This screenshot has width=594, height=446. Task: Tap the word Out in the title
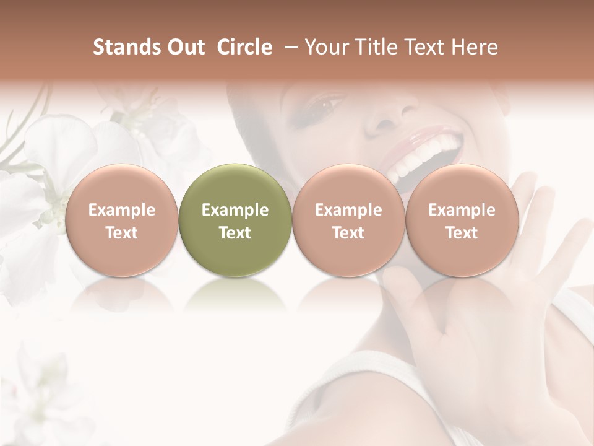[x=186, y=47]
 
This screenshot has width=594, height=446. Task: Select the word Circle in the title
[x=244, y=47]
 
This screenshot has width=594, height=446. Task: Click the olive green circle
[x=235, y=220]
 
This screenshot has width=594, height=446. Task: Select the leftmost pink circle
[x=122, y=220]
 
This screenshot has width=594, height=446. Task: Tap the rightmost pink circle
[x=462, y=220]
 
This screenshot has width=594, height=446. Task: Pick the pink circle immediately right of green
[x=348, y=220]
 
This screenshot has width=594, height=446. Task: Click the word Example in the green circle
[x=235, y=210]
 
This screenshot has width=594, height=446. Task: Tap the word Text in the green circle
[x=235, y=233]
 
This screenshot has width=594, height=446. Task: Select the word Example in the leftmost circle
[x=122, y=210]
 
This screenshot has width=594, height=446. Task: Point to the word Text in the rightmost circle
[x=462, y=233]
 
